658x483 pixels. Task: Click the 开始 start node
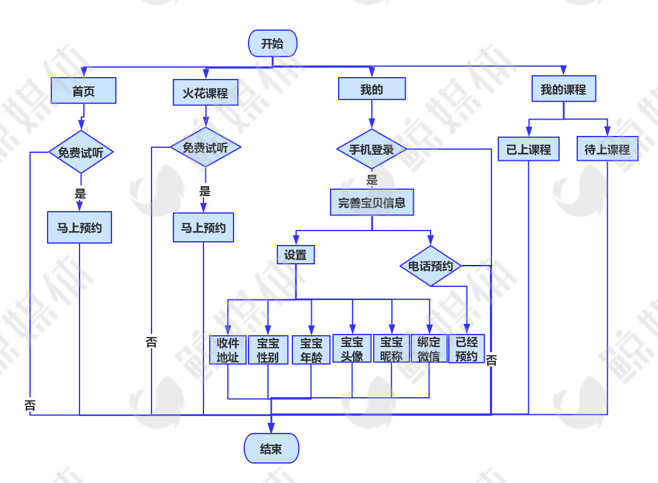click(x=272, y=44)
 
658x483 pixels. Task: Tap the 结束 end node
click(x=271, y=449)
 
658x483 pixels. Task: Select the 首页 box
click(x=84, y=91)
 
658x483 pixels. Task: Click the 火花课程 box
click(x=205, y=93)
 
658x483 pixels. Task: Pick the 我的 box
click(x=371, y=89)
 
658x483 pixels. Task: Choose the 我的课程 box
click(x=563, y=90)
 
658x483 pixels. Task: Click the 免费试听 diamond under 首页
click(x=81, y=152)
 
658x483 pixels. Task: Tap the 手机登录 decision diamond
click(x=371, y=149)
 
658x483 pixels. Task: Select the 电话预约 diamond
click(x=431, y=266)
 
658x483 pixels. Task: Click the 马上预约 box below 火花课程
click(x=203, y=228)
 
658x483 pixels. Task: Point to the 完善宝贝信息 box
click(x=372, y=203)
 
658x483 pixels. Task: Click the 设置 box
click(x=296, y=254)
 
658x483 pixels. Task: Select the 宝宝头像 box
click(x=352, y=349)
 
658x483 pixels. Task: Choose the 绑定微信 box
click(x=429, y=350)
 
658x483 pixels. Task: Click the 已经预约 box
click(x=466, y=350)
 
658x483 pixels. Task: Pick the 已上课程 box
click(x=528, y=150)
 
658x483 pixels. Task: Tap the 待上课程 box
click(x=607, y=150)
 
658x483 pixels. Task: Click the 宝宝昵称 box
click(x=391, y=349)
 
